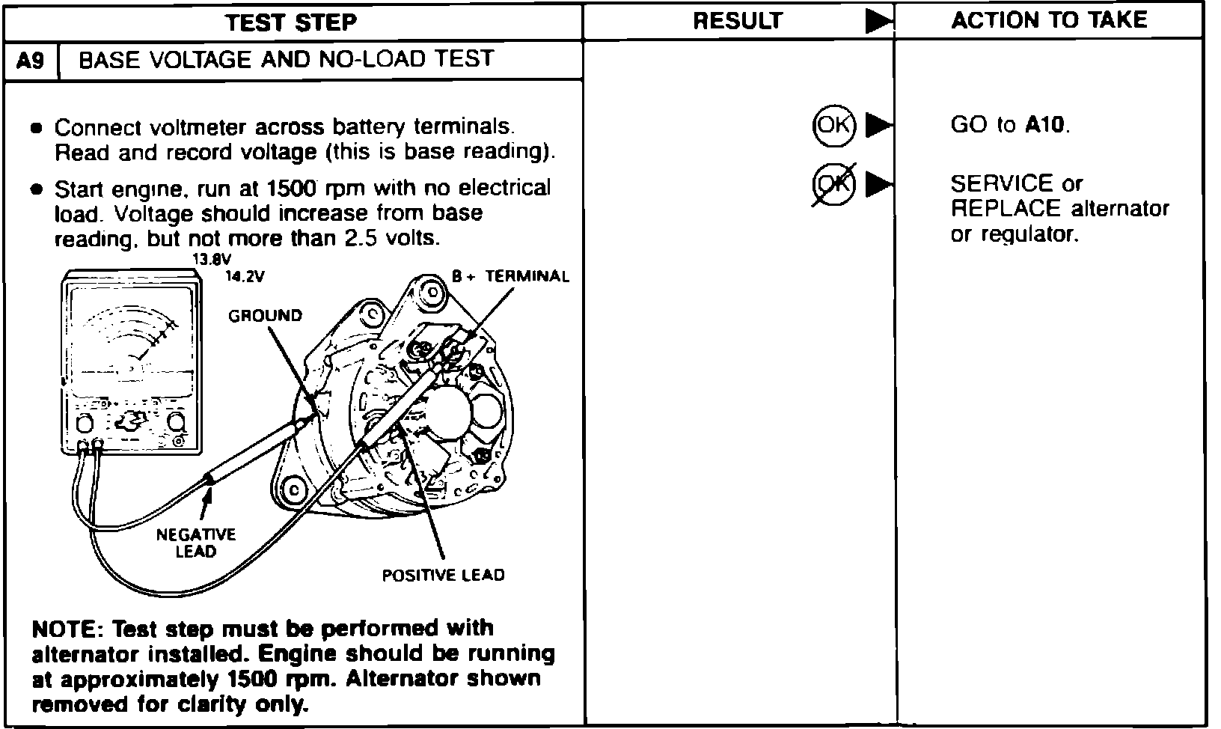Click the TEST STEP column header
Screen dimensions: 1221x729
click(291, 22)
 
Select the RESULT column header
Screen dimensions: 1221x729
click(737, 21)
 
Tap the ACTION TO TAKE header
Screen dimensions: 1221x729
click(1048, 20)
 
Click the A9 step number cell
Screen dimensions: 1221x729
click(31, 61)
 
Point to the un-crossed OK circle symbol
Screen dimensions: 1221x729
click(833, 125)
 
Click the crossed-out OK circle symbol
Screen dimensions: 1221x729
click(833, 183)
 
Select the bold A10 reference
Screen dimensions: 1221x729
click(1044, 125)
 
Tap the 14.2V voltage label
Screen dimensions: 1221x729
click(245, 276)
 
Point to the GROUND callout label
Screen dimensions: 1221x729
click(265, 316)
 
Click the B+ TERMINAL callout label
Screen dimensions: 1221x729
click(510, 276)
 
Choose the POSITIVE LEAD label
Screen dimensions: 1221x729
click(443, 576)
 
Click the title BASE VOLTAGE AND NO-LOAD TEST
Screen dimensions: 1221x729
click(286, 59)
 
